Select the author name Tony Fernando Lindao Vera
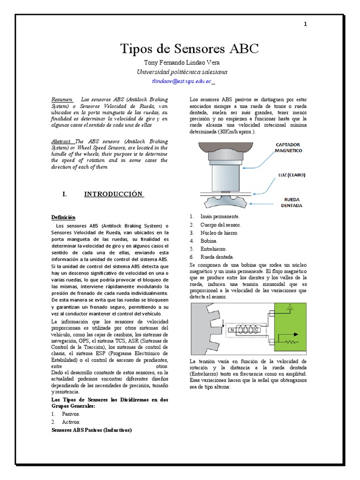coord(180,63)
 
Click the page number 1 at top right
coord(306,25)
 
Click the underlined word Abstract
coord(62,141)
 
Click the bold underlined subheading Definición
coord(63,217)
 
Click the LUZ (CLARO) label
coord(291,175)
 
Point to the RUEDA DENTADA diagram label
coord(292,202)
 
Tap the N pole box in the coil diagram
coord(232,330)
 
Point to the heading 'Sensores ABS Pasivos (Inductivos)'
coord(91,429)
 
